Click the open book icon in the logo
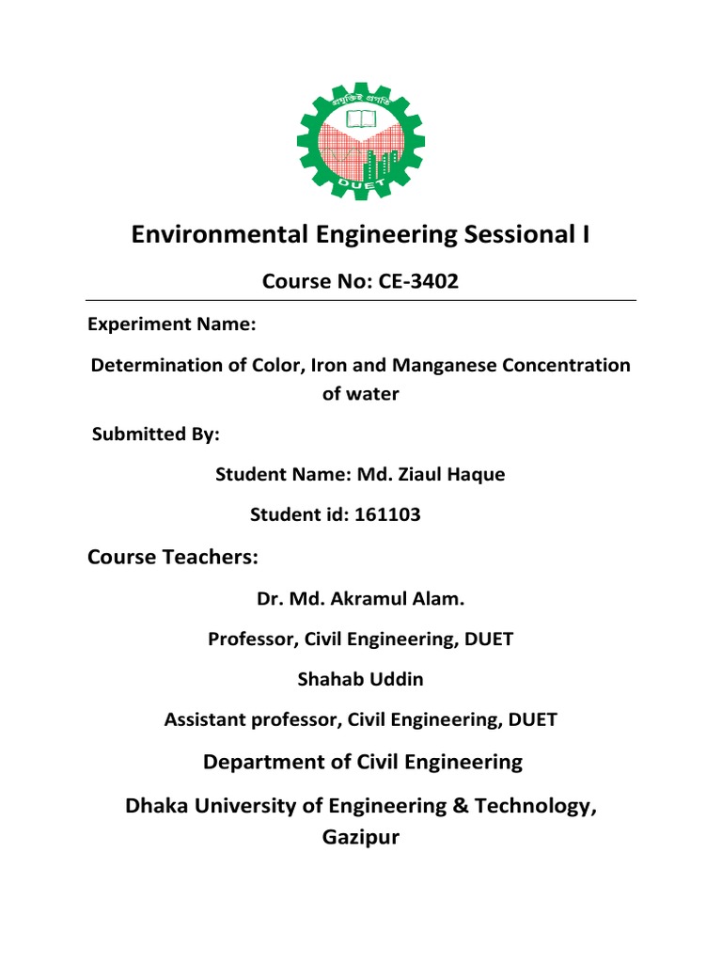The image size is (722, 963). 361,119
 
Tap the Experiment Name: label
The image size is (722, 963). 171,324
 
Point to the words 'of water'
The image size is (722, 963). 361,394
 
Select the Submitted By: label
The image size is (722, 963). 156,434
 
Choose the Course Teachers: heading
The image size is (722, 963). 172,558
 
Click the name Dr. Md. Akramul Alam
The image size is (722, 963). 361,598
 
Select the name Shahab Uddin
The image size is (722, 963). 361,679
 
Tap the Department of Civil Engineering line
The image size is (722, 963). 362,762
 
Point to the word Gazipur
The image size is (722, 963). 361,836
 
